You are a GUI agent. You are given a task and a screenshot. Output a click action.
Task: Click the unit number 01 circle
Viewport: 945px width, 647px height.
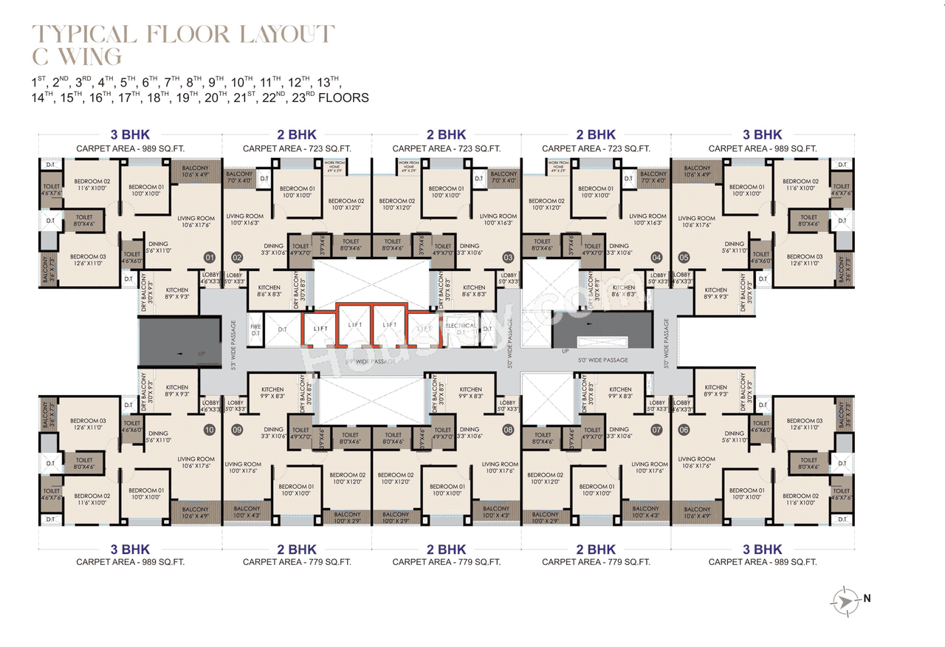(x=209, y=258)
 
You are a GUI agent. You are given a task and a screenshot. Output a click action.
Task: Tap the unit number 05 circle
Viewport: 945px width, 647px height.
(x=684, y=258)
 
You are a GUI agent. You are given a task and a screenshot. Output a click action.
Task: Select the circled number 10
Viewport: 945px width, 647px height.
(x=209, y=429)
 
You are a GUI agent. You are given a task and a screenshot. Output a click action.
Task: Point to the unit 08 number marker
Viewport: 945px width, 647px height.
(x=508, y=429)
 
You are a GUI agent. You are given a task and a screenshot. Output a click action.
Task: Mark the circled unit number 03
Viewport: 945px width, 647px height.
(x=508, y=258)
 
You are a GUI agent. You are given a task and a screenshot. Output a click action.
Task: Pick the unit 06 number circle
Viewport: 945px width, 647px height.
(x=684, y=429)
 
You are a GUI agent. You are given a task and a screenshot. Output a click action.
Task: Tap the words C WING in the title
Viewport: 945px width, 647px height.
(x=77, y=57)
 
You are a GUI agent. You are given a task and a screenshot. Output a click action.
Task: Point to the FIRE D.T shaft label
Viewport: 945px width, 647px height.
(x=255, y=329)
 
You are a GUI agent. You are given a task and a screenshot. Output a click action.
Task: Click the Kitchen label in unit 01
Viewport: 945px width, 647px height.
(x=176, y=293)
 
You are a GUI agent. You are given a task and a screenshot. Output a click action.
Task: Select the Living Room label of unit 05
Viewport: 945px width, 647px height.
(x=696, y=222)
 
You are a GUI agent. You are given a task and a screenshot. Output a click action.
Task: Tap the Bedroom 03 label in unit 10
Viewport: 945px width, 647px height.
(x=88, y=423)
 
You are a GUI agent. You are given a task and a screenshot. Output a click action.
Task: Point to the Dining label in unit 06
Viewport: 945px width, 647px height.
(x=734, y=437)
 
